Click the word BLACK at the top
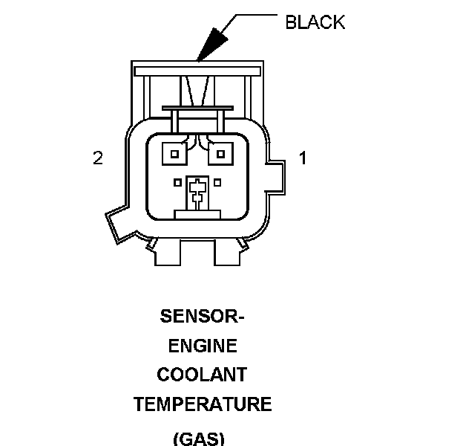click(315, 22)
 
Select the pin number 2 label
click(98, 158)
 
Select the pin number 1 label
click(303, 158)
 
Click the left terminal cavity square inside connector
click(174, 154)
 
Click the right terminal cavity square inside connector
click(221, 154)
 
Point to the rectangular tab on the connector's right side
click(276, 178)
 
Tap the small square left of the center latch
click(177, 183)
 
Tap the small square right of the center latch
click(217, 183)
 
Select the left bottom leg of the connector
click(168, 252)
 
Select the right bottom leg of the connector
click(227, 252)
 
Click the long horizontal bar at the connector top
click(197, 71)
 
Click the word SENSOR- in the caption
click(203, 316)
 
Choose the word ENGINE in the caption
click(203, 346)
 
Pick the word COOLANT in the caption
click(202, 375)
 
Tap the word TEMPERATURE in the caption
click(203, 404)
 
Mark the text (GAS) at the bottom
click(199, 439)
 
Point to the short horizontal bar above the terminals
click(198, 109)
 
